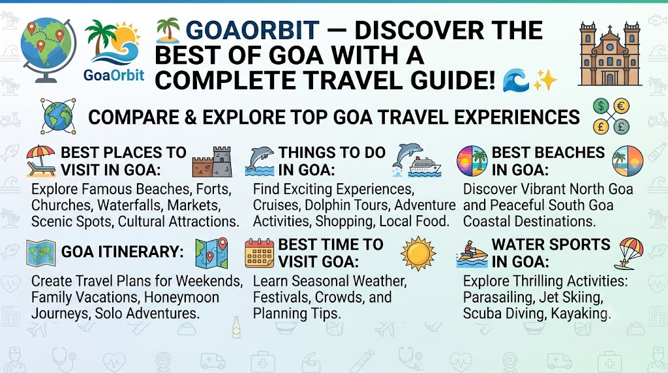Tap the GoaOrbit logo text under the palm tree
114,76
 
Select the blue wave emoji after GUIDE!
515,81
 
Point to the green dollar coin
601,106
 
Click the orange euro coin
621,106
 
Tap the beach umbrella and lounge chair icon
41,161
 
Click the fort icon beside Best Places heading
212,162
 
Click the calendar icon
260,253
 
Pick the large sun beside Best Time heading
418,254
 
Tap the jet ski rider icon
472,254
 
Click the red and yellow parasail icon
629,254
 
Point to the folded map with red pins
211,253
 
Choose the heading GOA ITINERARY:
122,252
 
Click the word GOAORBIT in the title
252,31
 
